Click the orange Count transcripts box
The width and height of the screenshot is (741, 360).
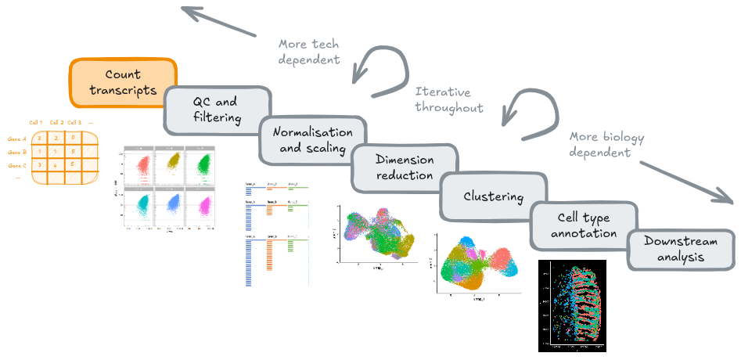click(x=121, y=82)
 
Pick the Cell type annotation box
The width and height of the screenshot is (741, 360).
click(x=582, y=225)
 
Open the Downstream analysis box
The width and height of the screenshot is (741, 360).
click(x=674, y=249)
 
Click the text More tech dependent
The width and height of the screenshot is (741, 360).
click(x=309, y=52)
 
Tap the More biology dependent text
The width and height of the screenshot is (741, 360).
click(x=606, y=145)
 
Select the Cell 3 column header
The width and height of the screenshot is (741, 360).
click(x=74, y=122)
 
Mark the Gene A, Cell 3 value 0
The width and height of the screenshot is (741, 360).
click(x=72, y=137)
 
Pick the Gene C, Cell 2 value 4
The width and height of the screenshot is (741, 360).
click(x=56, y=165)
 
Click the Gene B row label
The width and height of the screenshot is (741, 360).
click(x=17, y=151)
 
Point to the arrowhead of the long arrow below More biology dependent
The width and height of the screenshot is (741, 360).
click(x=730, y=197)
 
